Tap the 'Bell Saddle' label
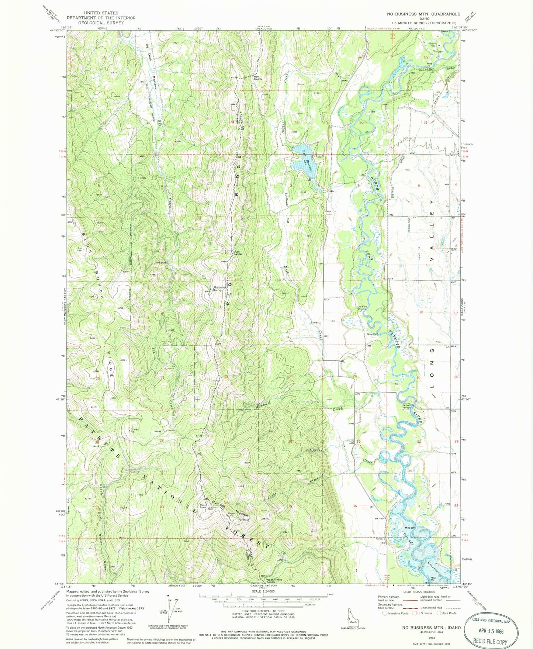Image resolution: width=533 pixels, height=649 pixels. tap(258, 78)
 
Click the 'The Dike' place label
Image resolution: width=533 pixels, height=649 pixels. tap(161, 263)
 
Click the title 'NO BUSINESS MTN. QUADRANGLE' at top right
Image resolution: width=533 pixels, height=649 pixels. tap(423, 14)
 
